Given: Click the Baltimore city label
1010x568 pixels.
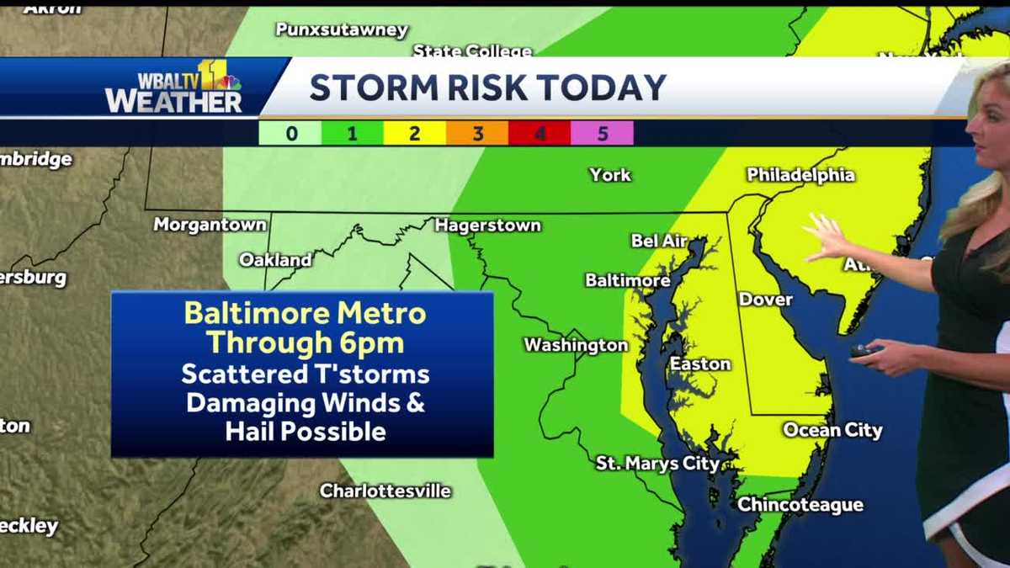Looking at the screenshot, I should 628,280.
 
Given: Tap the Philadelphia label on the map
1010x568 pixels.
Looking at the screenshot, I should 800,175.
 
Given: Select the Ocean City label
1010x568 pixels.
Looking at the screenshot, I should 832,430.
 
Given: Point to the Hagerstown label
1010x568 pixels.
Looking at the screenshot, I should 487,226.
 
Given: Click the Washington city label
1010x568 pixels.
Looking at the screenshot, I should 576,345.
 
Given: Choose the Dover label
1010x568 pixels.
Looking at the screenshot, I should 765,300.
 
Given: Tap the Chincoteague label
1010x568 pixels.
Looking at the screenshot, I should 800,505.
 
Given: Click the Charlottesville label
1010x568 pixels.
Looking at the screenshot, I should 385,491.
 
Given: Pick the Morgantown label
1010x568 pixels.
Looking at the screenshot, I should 210,225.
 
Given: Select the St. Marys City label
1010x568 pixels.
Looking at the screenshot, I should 657,464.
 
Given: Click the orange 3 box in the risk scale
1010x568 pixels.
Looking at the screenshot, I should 477,133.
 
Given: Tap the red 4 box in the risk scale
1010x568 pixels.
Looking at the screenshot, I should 540,133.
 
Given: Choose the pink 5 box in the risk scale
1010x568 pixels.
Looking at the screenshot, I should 602,133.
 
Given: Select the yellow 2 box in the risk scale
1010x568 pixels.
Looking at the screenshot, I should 415,133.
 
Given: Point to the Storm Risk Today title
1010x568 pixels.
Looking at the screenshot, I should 487,88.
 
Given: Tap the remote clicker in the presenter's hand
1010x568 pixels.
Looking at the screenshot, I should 864,350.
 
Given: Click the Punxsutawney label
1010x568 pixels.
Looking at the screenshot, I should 342,30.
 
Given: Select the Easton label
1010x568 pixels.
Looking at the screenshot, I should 699,364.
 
